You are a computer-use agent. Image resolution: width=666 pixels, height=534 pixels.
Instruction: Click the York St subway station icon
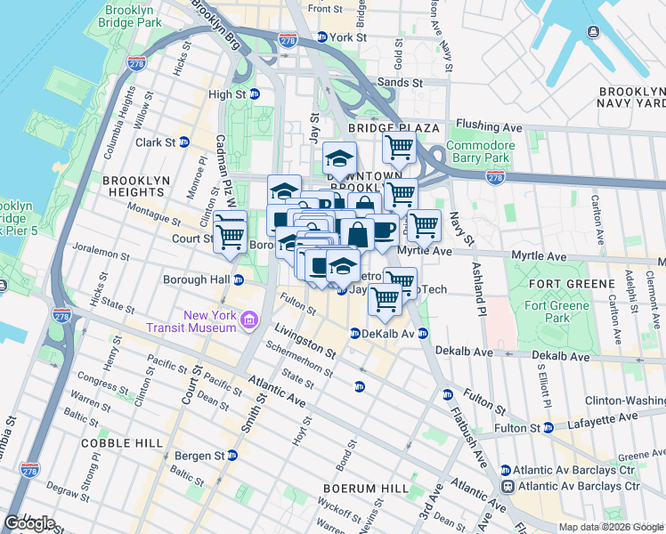click(x=321, y=37)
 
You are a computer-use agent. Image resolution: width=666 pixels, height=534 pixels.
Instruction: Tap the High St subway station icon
click(x=254, y=94)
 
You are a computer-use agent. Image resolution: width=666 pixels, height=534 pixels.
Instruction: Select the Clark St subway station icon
click(x=184, y=142)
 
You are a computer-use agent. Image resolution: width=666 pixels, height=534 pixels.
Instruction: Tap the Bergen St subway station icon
click(x=231, y=455)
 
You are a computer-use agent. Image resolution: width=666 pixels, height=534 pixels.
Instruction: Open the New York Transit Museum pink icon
click(x=248, y=319)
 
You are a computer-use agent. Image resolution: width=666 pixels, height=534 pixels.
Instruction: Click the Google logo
click(x=29, y=522)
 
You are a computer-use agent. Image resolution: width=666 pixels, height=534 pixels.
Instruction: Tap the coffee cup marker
click(x=383, y=230)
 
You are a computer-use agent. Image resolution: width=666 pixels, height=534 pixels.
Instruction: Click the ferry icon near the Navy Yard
click(x=593, y=32)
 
